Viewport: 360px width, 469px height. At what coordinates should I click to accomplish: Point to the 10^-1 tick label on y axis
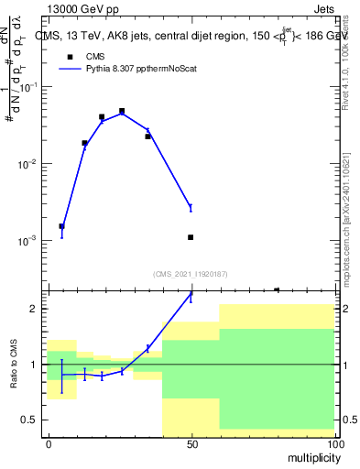click(x=29, y=87)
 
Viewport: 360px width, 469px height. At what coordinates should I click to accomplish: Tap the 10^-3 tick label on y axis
click(x=29, y=241)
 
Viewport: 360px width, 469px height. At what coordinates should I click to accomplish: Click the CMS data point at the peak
click(x=122, y=111)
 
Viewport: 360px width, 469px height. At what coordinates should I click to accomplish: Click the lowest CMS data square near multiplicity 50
click(x=191, y=237)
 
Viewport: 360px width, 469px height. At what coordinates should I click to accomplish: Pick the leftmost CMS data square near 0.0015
click(x=61, y=226)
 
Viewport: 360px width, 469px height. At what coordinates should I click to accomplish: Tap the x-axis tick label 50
click(x=191, y=443)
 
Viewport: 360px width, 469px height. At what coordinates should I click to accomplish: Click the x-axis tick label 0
click(x=49, y=443)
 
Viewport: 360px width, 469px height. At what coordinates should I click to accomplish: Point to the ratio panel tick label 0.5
click(x=31, y=420)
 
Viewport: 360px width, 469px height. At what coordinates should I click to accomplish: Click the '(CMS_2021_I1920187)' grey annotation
click(x=191, y=273)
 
